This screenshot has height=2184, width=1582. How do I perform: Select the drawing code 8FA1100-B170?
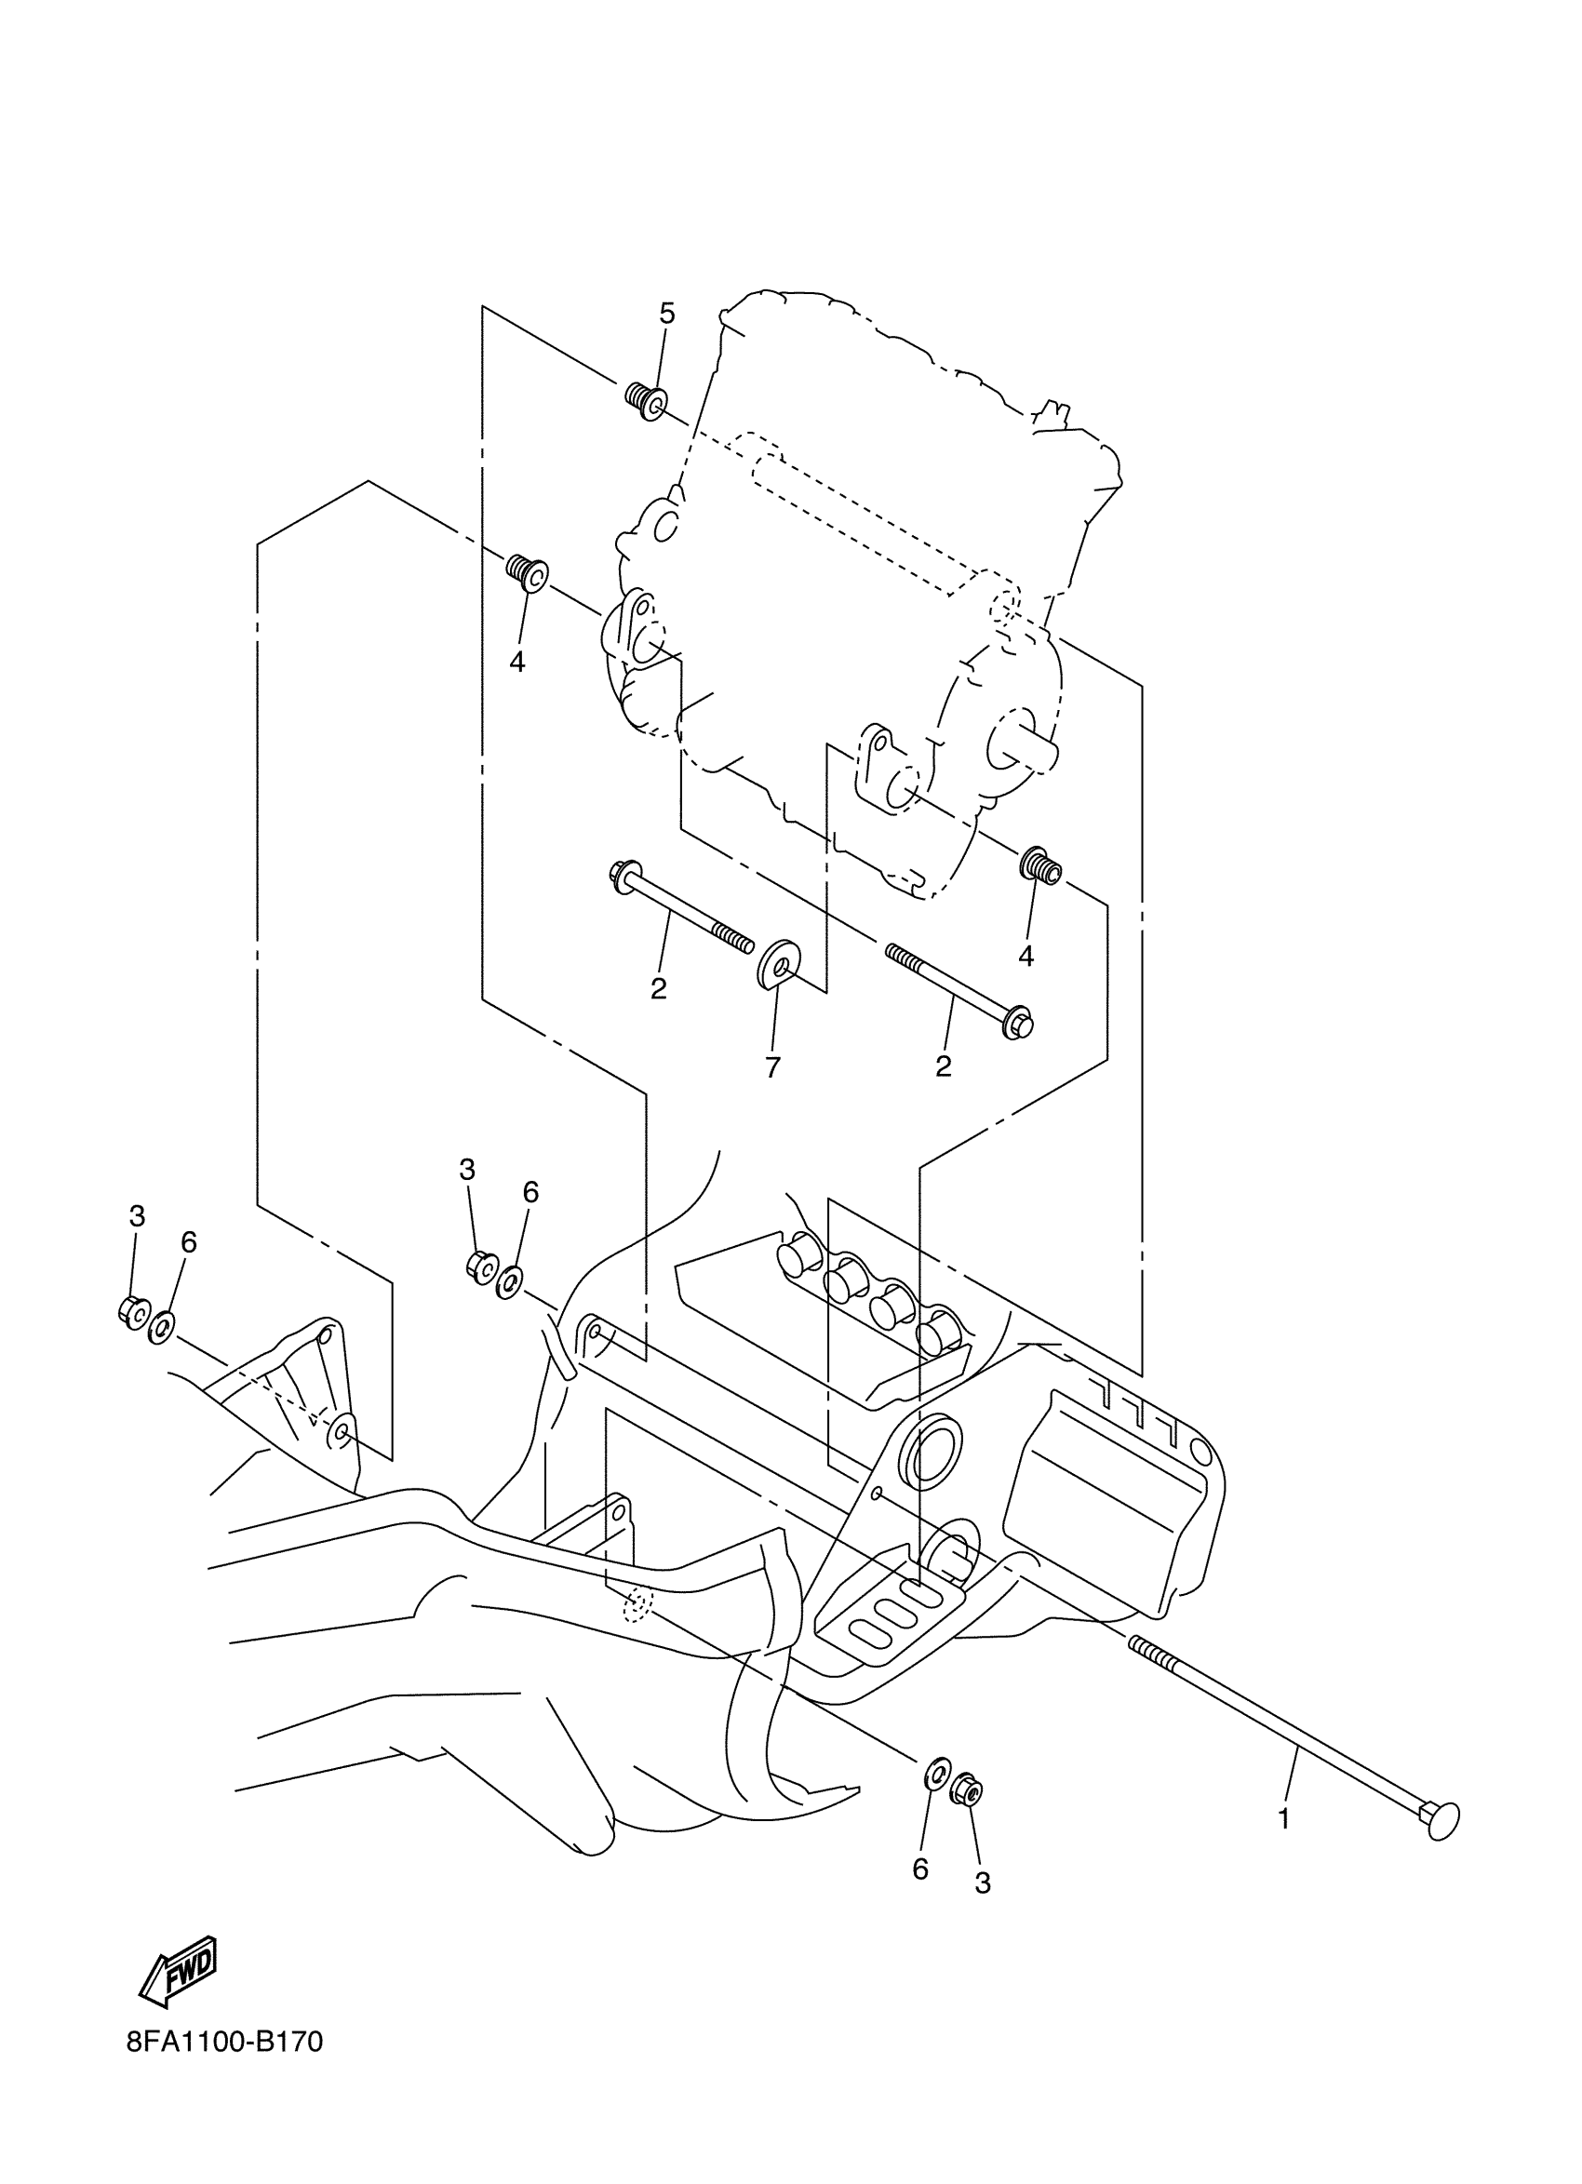[224, 2069]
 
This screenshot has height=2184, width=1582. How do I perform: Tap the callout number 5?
[666, 313]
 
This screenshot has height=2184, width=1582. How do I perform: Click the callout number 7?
[772, 1067]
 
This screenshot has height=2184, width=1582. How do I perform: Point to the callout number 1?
[1282, 1819]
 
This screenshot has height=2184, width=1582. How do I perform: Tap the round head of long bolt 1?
[1441, 1821]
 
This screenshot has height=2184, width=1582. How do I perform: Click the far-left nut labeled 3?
[132, 1311]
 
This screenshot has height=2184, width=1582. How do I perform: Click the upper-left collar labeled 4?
[528, 573]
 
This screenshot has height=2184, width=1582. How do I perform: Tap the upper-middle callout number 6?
[530, 1192]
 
